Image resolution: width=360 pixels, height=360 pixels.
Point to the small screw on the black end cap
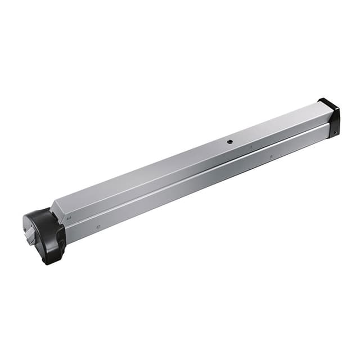335,133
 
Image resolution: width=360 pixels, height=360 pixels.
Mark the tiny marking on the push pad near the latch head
68,214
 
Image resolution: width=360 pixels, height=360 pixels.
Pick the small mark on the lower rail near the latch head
98,227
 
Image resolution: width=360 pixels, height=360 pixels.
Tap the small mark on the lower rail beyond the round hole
271,156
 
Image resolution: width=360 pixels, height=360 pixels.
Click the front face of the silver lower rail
197,186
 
